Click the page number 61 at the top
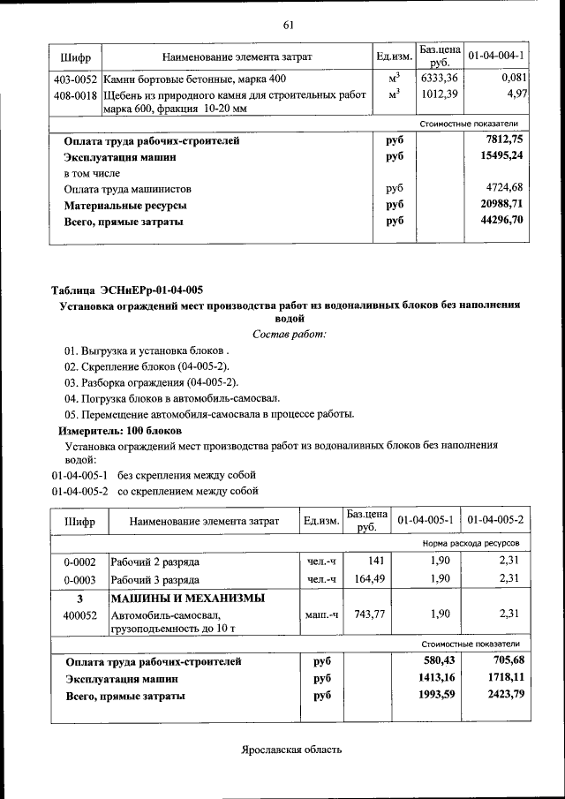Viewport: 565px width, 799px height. (288, 24)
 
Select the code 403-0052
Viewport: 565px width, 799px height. (75, 79)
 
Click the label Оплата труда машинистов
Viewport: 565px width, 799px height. (128, 189)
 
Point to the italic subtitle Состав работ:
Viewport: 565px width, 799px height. (290, 334)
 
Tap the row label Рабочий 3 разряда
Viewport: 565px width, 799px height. (154, 579)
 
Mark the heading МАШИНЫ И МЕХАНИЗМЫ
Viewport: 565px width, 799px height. (188, 599)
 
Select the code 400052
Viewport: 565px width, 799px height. (79, 614)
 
